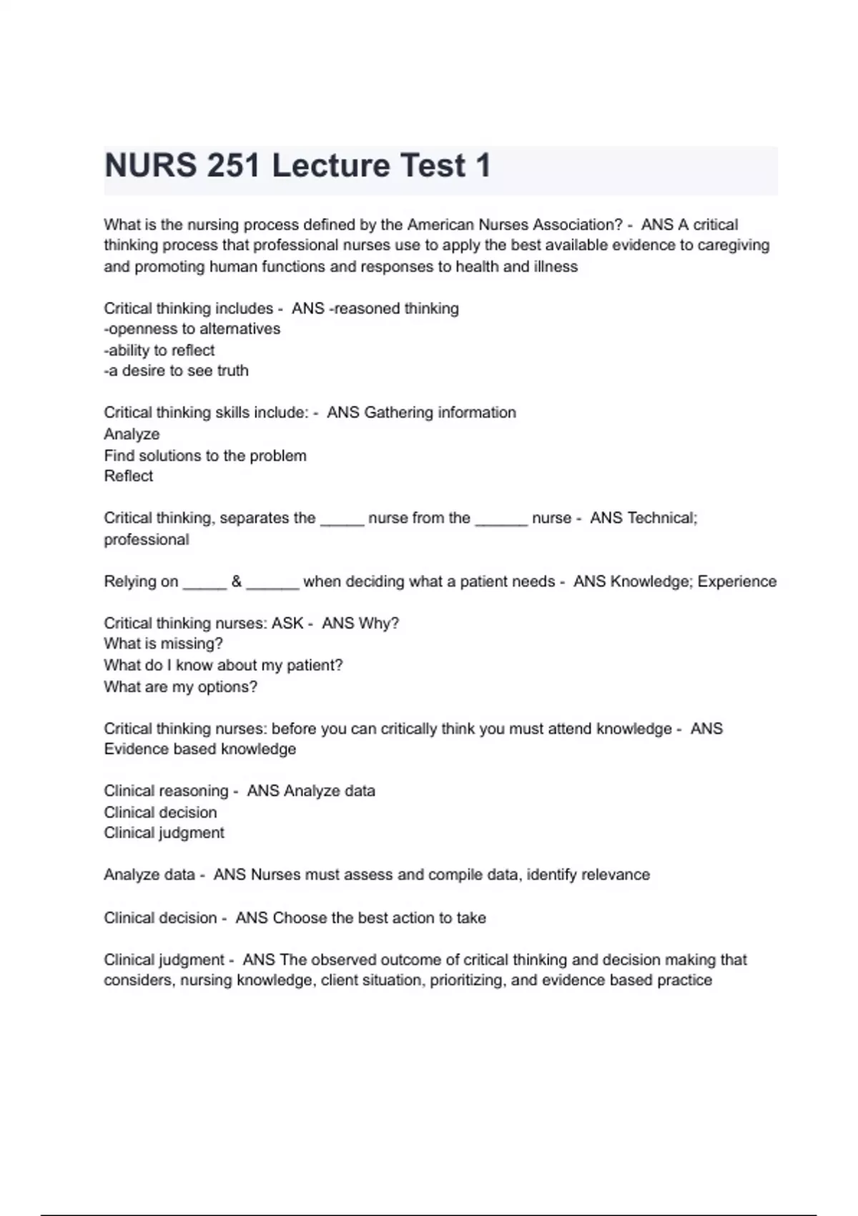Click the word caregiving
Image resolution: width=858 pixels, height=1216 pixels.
point(734,245)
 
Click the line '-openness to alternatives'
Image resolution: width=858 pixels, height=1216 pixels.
point(192,329)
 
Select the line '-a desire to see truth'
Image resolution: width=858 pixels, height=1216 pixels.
point(176,371)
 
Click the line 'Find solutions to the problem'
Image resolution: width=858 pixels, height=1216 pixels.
point(204,456)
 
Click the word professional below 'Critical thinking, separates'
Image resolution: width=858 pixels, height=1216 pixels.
point(147,539)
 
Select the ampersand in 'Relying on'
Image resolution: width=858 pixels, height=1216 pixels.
point(237,582)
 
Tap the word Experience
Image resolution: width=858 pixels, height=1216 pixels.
point(736,582)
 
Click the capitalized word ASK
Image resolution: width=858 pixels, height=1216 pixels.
point(287,623)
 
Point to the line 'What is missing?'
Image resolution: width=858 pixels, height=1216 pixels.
point(163,644)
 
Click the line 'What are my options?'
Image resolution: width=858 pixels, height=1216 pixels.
point(180,687)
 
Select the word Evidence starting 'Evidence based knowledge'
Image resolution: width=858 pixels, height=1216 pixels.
point(133,749)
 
